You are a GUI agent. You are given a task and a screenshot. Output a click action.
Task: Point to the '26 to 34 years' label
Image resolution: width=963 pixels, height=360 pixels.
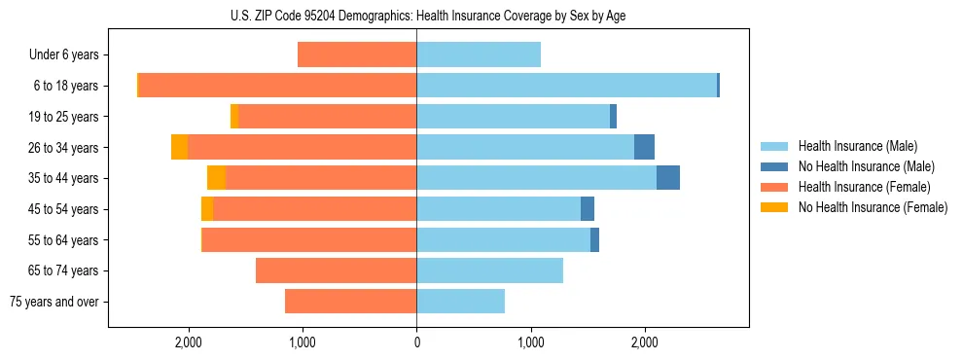[64, 148]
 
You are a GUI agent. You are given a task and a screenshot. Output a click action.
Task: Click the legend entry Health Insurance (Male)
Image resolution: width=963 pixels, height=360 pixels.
[857, 146]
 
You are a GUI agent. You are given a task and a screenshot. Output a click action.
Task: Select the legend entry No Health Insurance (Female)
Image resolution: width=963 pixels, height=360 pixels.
[873, 207]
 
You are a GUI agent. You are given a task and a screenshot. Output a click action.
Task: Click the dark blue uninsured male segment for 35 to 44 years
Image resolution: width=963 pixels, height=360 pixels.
[668, 178]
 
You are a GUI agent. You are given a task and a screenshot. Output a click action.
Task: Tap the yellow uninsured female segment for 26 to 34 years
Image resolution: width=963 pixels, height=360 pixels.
[179, 147]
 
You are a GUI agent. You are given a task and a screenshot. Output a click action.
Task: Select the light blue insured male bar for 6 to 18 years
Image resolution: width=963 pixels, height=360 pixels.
[566, 86]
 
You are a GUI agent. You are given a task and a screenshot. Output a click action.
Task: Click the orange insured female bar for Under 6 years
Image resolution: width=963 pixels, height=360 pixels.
[357, 54]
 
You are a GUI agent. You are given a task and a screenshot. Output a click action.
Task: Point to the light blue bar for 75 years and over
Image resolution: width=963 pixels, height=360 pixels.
[460, 302]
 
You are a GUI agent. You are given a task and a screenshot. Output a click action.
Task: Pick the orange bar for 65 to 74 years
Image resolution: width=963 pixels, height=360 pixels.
[336, 270]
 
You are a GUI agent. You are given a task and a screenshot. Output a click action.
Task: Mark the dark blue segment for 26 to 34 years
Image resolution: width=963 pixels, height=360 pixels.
[644, 147]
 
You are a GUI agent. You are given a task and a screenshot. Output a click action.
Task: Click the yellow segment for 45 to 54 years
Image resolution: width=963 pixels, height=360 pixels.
[207, 209]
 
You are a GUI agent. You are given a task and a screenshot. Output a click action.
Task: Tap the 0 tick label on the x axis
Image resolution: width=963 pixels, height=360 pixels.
[416, 342]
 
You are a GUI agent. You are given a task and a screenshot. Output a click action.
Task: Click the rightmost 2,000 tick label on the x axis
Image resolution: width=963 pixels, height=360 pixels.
[645, 342]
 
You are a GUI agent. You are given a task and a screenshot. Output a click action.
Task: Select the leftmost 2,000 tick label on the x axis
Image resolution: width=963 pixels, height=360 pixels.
[188, 342]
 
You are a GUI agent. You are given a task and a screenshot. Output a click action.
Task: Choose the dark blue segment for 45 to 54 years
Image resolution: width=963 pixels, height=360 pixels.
[588, 209]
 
